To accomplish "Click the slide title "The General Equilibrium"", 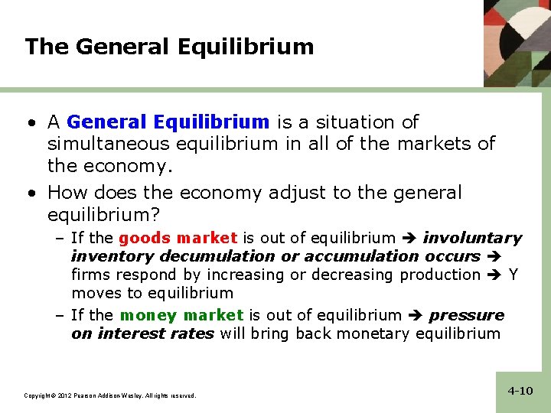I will coord(169,47).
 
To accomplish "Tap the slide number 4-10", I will coord(520,391).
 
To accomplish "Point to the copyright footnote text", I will coord(110,395).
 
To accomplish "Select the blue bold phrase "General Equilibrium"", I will coord(168,122).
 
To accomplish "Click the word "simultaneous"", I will coord(107,143).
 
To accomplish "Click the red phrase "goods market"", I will coord(178,238).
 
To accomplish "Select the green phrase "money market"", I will coord(181,315).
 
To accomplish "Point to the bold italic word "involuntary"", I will coord(472,238).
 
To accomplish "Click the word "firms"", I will coord(89,275).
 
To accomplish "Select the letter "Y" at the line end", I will coord(513,275).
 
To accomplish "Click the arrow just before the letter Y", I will coord(494,275).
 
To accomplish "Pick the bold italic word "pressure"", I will coord(467,315).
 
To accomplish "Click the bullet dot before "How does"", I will coord(30,193).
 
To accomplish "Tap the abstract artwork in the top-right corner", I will coord(517,42).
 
